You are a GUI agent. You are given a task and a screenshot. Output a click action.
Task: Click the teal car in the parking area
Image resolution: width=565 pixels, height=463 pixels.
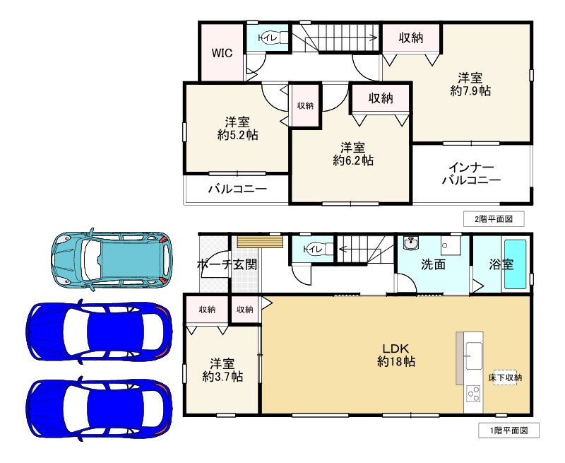click(x=112, y=259)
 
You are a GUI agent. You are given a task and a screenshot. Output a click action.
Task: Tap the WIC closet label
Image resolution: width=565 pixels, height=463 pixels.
click(x=222, y=53)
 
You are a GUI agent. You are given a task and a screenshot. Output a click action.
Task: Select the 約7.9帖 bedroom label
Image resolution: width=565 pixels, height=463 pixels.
click(x=470, y=84)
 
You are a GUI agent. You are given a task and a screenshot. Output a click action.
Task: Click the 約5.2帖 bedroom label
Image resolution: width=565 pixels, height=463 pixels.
click(x=237, y=129)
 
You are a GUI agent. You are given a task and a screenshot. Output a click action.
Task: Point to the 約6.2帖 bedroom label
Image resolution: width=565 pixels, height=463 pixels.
click(x=352, y=154)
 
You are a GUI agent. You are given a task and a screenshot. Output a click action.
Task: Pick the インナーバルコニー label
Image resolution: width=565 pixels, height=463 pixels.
click(x=471, y=174)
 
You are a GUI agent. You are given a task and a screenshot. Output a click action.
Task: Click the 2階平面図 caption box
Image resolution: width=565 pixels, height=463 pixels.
click(x=494, y=219)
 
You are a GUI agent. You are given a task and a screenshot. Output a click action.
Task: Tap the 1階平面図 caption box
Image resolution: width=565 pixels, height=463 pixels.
click(x=509, y=430)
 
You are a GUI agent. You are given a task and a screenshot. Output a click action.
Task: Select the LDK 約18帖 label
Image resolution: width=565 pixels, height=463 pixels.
click(x=396, y=355)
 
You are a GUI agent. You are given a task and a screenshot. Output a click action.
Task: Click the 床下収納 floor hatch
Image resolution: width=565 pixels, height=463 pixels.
click(x=505, y=377)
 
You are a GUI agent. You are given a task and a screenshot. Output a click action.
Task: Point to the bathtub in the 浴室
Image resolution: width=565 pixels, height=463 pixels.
click(x=516, y=264)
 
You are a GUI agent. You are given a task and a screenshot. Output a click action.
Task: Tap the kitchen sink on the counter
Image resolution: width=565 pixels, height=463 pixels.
click(x=474, y=356)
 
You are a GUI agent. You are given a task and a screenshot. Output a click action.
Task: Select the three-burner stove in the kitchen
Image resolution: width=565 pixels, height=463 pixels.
click(x=473, y=394)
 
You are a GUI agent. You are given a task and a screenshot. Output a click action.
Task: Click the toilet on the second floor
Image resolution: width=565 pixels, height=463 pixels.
click(x=273, y=37)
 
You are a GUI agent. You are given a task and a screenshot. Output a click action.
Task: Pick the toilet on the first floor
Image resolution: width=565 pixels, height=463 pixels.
click(x=319, y=249)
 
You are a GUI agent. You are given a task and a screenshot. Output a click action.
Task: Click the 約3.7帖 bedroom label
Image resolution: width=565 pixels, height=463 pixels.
click(x=222, y=370)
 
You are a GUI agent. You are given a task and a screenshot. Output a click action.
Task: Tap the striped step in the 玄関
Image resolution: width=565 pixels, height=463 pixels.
click(x=260, y=242)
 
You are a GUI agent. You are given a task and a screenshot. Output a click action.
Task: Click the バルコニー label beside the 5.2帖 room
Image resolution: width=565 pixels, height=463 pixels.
click(x=237, y=189)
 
